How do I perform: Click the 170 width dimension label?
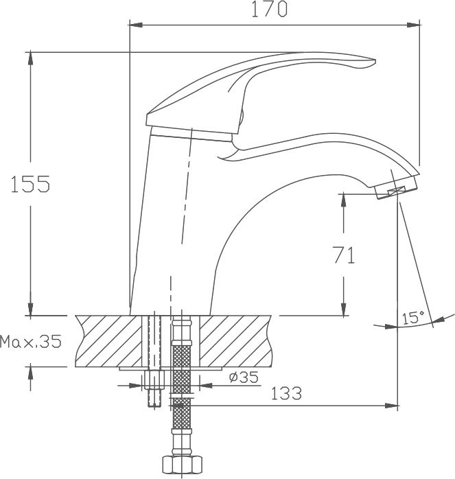click(269, 10)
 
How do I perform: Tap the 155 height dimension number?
click(30, 184)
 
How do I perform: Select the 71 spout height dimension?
click(344, 255)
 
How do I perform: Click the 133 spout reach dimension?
click(286, 393)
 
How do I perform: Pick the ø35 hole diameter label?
click(244, 377)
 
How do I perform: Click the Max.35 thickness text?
click(31, 341)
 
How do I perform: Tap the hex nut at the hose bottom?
click(182, 465)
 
